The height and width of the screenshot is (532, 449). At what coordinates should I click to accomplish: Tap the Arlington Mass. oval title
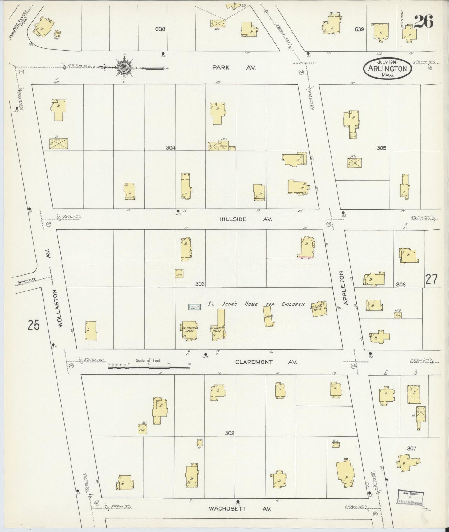(387, 68)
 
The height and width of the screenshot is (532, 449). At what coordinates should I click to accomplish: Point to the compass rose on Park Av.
(124, 67)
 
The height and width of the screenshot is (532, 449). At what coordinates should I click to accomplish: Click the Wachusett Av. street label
(240, 509)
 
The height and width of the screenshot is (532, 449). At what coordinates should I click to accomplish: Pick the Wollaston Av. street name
(60, 308)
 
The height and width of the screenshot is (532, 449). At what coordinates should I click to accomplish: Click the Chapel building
(268, 316)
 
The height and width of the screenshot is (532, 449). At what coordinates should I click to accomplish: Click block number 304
(170, 148)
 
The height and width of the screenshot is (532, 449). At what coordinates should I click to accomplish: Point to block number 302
(230, 433)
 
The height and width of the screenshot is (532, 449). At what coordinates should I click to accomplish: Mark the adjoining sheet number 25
(34, 325)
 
